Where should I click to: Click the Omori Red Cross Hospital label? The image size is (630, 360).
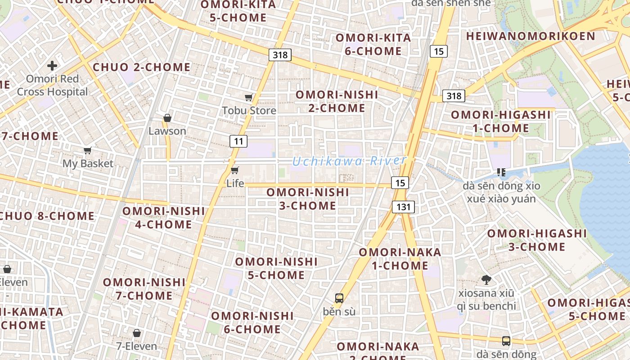pyautogui.click(x=53, y=85)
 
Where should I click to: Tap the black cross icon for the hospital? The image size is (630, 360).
pyautogui.click(x=52, y=66)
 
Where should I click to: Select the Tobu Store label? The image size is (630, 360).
pyautogui.click(x=249, y=110)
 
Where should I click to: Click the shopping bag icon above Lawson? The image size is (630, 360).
pyautogui.click(x=167, y=118)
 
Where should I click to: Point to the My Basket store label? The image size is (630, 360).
pyautogui.click(x=88, y=163)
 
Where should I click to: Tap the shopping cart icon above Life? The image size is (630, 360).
pyautogui.click(x=234, y=170)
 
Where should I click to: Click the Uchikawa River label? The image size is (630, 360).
pyautogui.click(x=349, y=161)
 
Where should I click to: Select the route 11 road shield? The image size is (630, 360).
pyautogui.click(x=238, y=141)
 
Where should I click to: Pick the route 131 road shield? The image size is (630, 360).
pyautogui.click(x=403, y=207)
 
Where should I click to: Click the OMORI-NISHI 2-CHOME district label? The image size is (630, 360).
pyautogui.click(x=337, y=101)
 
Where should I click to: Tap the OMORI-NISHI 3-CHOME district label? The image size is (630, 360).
pyautogui.click(x=308, y=199)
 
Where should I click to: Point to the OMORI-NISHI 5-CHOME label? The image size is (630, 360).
pyautogui.click(x=276, y=268)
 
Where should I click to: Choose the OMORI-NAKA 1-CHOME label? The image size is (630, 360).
pyautogui.click(x=400, y=259)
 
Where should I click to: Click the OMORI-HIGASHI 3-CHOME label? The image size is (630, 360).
pyautogui.click(x=537, y=240)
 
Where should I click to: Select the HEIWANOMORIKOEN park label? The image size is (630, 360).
pyautogui.click(x=530, y=36)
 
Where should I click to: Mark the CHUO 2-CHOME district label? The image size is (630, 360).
pyautogui.click(x=141, y=67)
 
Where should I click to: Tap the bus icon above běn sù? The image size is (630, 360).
pyautogui.click(x=339, y=298)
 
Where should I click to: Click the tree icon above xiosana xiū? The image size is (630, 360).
pyautogui.click(x=486, y=280)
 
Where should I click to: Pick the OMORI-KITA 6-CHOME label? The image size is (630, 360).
pyautogui.click(x=373, y=44)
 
